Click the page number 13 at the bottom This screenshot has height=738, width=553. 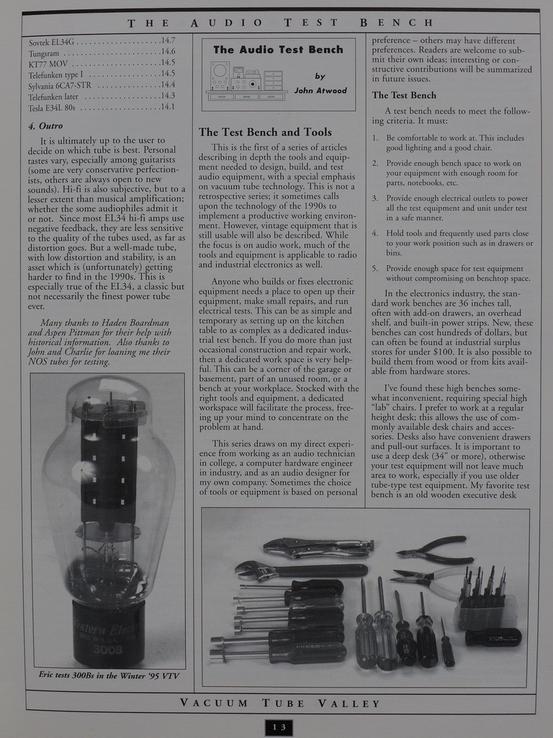coord(279,727)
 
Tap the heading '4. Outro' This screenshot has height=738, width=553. coord(45,125)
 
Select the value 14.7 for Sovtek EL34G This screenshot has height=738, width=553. coord(168,41)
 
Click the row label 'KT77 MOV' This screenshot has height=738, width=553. coord(48,63)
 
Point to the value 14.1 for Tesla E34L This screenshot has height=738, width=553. coord(168,107)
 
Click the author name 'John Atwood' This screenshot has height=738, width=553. coord(320,91)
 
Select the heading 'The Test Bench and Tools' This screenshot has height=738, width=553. coord(265,132)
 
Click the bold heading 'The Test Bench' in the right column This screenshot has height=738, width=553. coord(403,95)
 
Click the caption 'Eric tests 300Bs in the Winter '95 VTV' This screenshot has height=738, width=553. coord(108,675)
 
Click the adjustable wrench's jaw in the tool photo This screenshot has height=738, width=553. coord(247,570)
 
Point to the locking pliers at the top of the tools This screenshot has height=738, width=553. coord(317,548)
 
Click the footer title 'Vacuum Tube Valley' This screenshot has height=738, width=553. coord(280,703)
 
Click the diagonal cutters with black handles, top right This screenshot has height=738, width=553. coord(436,549)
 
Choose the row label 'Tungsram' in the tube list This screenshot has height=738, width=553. coord(43,53)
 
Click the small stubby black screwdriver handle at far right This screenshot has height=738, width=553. coord(493,637)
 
